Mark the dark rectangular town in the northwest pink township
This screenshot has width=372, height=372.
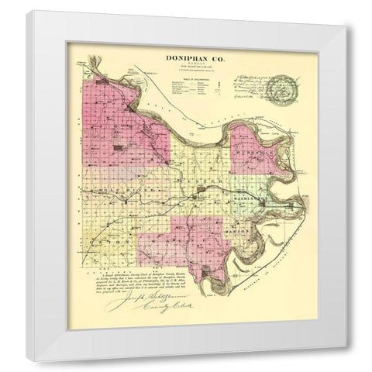tap(118, 146)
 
